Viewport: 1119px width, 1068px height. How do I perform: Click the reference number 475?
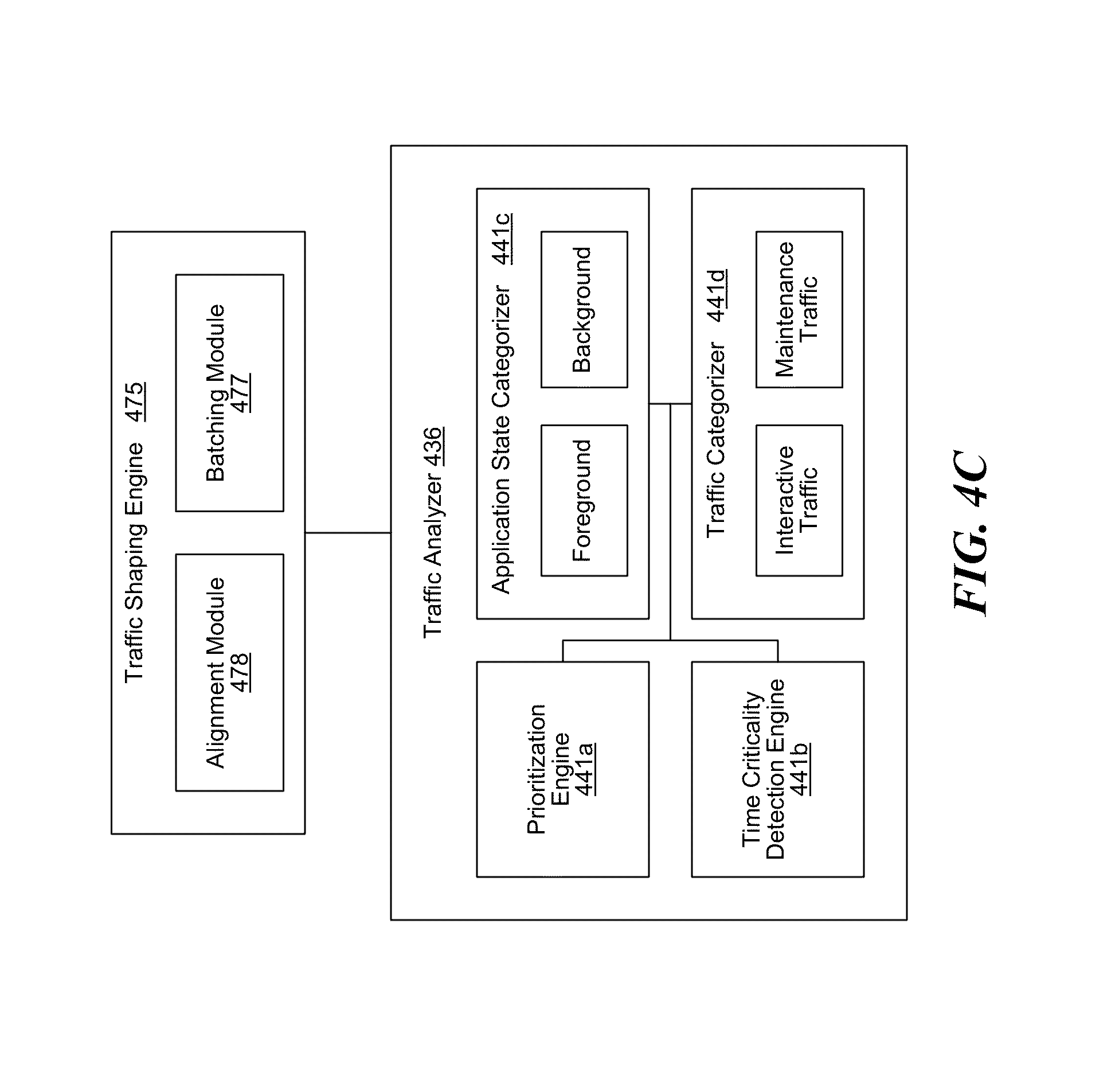click(x=136, y=402)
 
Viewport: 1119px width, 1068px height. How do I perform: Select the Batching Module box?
click(x=229, y=392)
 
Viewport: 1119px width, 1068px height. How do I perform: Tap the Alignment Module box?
click(x=229, y=672)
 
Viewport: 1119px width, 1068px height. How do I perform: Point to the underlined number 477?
click(x=240, y=393)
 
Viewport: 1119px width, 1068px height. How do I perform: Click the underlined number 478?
click(x=240, y=672)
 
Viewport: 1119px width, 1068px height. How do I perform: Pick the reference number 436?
click(x=433, y=446)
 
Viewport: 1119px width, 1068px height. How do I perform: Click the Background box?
click(x=584, y=310)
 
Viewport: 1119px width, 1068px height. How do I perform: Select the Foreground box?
click(x=584, y=500)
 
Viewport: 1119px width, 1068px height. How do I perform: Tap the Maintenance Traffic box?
click(x=799, y=310)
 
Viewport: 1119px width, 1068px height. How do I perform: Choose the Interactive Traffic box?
click(x=799, y=500)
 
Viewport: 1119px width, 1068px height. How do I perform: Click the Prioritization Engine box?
click(x=562, y=769)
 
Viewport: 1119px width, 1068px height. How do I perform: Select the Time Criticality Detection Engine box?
click(x=777, y=769)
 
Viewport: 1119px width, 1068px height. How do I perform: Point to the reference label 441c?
click(x=502, y=239)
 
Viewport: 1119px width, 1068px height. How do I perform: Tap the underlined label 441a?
click(x=585, y=769)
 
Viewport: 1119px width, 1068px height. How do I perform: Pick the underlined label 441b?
click(x=800, y=769)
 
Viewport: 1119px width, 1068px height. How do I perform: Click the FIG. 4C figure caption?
click(x=970, y=534)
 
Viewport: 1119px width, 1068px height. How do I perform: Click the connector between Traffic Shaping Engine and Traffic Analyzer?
click(x=348, y=533)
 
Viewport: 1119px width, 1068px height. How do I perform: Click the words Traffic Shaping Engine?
click(x=136, y=562)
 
